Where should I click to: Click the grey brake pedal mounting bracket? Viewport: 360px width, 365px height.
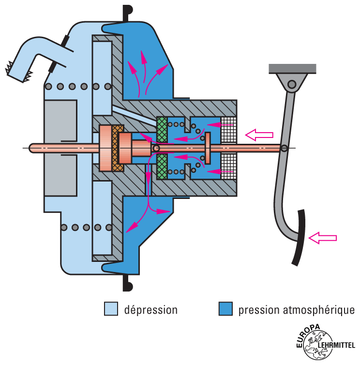293,69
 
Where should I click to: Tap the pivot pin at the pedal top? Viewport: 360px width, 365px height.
292,85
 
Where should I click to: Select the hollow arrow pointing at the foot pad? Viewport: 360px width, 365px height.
322,237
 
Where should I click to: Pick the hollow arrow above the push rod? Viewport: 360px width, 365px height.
259,134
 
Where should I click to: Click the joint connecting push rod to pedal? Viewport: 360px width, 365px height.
285,148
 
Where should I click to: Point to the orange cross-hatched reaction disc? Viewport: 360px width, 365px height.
116,148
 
